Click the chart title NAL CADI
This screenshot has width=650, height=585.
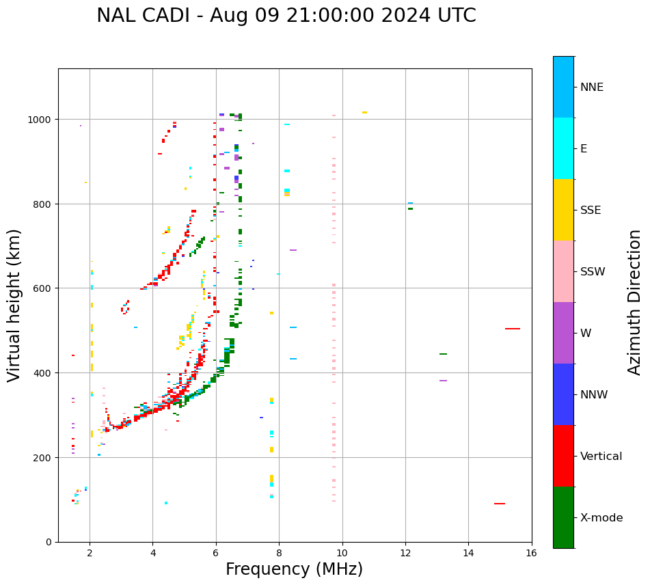coord(286,16)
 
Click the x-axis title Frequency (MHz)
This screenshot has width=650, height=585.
coord(294,569)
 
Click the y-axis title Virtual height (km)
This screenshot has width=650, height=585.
coord(14,305)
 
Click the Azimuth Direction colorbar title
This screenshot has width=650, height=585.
coord(635,302)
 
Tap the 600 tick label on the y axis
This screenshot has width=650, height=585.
coord(42,288)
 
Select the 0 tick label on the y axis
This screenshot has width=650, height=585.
coord(49,542)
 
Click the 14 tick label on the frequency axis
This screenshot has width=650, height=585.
coord(468,554)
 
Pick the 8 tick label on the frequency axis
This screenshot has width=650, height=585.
coord(279,554)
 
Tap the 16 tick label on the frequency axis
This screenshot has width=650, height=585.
coord(531,554)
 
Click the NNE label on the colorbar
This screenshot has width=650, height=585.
coord(592,87)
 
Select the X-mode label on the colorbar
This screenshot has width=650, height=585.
coord(601,518)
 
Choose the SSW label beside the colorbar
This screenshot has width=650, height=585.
coord(593,272)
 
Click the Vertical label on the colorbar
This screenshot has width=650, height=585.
coord(601,457)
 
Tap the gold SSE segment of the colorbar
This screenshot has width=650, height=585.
coord(563,210)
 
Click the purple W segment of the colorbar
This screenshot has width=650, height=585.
coord(563,333)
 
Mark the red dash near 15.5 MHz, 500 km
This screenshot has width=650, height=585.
coord(513,329)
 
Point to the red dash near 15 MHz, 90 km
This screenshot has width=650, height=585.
coord(500,504)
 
